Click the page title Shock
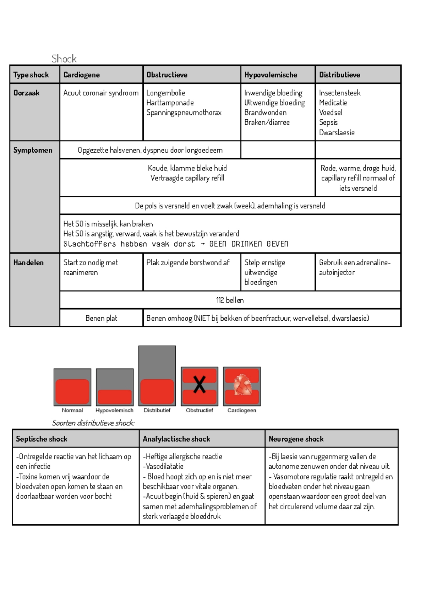point(64,59)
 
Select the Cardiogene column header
point(81,75)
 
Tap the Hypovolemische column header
point(271,75)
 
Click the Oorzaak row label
point(26,93)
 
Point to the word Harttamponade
point(170,103)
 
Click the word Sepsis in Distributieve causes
point(328,123)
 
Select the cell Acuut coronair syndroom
point(101,93)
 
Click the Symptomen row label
point(33,150)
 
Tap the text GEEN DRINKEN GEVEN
point(248,244)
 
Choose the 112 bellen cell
point(230,300)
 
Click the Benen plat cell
point(101,318)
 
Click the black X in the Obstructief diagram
point(200,385)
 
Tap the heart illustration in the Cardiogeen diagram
point(242,385)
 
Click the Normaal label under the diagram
point(72,410)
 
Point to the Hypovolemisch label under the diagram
point(114,410)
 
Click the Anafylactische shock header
point(176,439)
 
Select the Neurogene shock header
point(296,439)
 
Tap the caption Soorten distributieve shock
point(93,423)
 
